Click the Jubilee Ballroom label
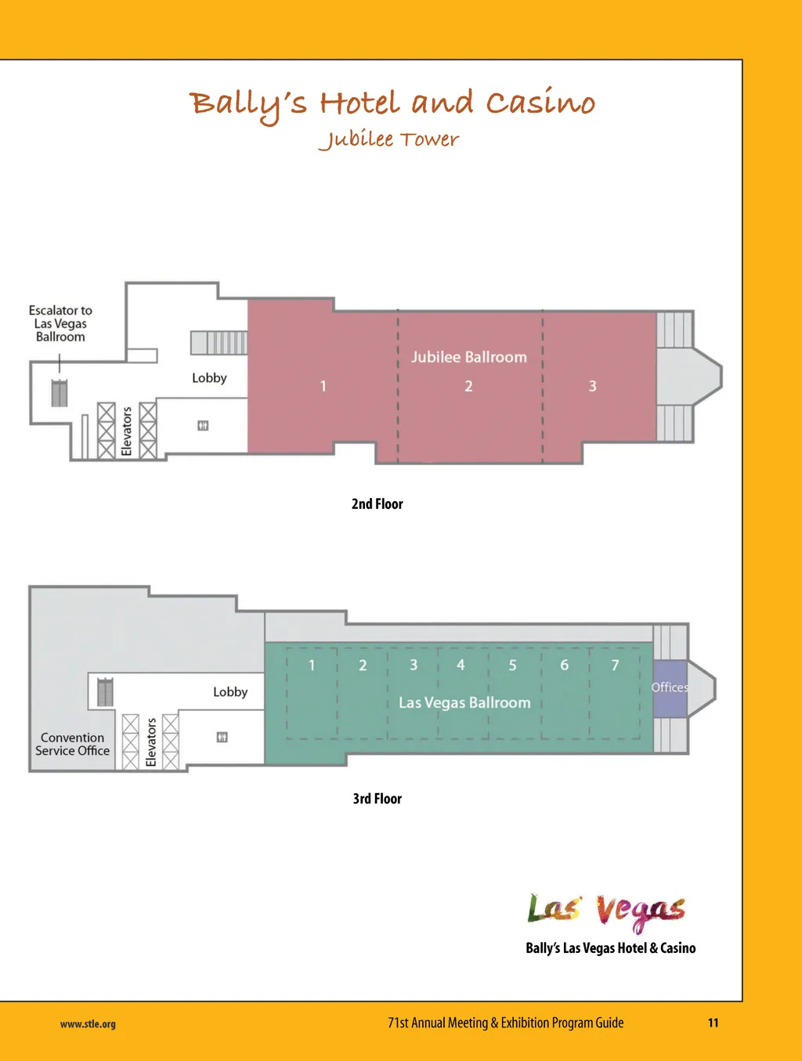coord(468,357)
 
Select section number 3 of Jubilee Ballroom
coord(592,386)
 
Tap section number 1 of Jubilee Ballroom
coord(323,386)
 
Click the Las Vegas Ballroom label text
coord(464,702)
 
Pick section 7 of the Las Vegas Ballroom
coord(615,665)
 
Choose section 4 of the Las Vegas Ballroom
coord(461,665)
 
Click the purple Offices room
coord(670,688)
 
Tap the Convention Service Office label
coord(72,744)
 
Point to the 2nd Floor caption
coord(377,503)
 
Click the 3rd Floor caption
coord(377,799)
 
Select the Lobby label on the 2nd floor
coord(209,378)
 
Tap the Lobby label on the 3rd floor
coord(230,691)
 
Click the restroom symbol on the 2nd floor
coord(203,425)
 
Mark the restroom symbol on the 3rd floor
coord(222,737)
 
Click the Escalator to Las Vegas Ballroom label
coord(60,323)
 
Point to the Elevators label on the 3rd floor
coord(151,742)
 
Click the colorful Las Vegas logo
coord(606,912)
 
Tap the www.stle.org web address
coord(88,1023)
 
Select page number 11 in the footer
coord(713,1023)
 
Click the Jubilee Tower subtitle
coord(388,139)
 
